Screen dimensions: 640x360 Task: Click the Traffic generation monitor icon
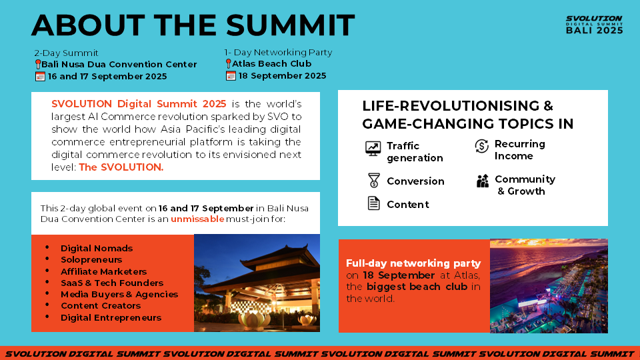pyautogui.click(x=373, y=149)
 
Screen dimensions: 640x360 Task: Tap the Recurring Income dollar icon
pyautogui.click(x=481, y=146)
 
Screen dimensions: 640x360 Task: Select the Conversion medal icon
pyautogui.click(x=373, y=181)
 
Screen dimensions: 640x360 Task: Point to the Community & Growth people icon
pyautogui.click(x=483, y=181)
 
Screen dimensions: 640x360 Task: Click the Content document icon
pyautogui.click(x=373, y=203)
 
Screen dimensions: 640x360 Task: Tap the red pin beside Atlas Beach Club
pyautogui.click(x=228, y=64)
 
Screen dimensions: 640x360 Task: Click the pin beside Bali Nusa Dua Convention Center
pyautogui.click(x=38, y=65)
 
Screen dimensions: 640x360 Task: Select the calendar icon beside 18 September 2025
pyautogui.click(x=231, y=76)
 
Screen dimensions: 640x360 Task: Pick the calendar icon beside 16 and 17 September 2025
pyautogui.click(x=40, y=76)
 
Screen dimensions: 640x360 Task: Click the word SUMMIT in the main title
pyautogui.click(x=290, y=25)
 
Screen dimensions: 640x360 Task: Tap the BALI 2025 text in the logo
pyautogui.click(x=594, y=30)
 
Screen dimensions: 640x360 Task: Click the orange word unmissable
pyautogui.click(x=197, y=219)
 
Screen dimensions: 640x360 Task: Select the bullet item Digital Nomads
pyautogui.click(x=97, y=248)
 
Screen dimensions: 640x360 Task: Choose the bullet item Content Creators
pyautogui.click(x=101, y=306)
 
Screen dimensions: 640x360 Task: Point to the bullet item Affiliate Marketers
pyautogui.click(x=104, y=271)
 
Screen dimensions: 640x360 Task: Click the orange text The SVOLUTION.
pyautogui.click(x=121, y=167)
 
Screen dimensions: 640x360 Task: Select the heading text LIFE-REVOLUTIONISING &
pyautogui.click(x=457, y=106)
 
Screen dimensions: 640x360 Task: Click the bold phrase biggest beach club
pyautogui.click(x=417, y=287)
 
